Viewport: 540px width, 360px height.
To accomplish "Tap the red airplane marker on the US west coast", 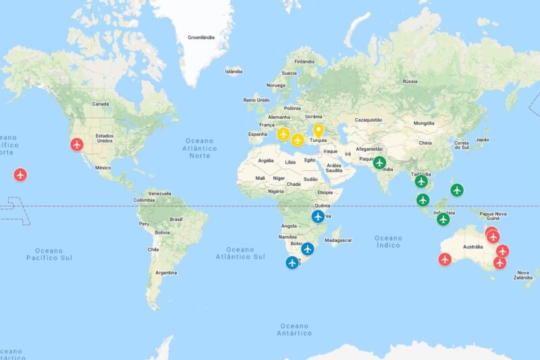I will pos(78,144).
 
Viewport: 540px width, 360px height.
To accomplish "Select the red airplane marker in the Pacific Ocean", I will pos(20,175).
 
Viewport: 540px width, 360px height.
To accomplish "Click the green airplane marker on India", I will pos(380,162).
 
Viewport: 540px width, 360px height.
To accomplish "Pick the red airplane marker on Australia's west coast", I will pos(445,259).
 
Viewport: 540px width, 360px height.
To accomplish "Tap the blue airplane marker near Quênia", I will pos(318,216).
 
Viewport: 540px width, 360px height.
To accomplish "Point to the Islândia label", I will pos(234,71).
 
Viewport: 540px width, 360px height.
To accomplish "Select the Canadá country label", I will pos(101,104).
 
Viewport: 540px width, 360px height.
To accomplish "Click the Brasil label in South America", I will pos(176,219).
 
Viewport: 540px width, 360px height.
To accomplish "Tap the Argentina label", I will pos(165,273).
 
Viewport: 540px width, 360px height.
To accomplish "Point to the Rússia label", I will pos(410,81).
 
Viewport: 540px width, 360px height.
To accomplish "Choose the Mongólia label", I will pos(424,123).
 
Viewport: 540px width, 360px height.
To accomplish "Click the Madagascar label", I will pos(338,240).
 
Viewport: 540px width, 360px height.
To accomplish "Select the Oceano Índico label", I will pos(388,242).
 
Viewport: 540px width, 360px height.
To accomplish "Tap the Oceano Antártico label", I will pos(294,329).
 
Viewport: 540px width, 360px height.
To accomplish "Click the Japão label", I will pos(482,140).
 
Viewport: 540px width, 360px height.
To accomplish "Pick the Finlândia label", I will pos(304,61).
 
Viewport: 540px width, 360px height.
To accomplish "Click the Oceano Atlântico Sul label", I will pos(240,253).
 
